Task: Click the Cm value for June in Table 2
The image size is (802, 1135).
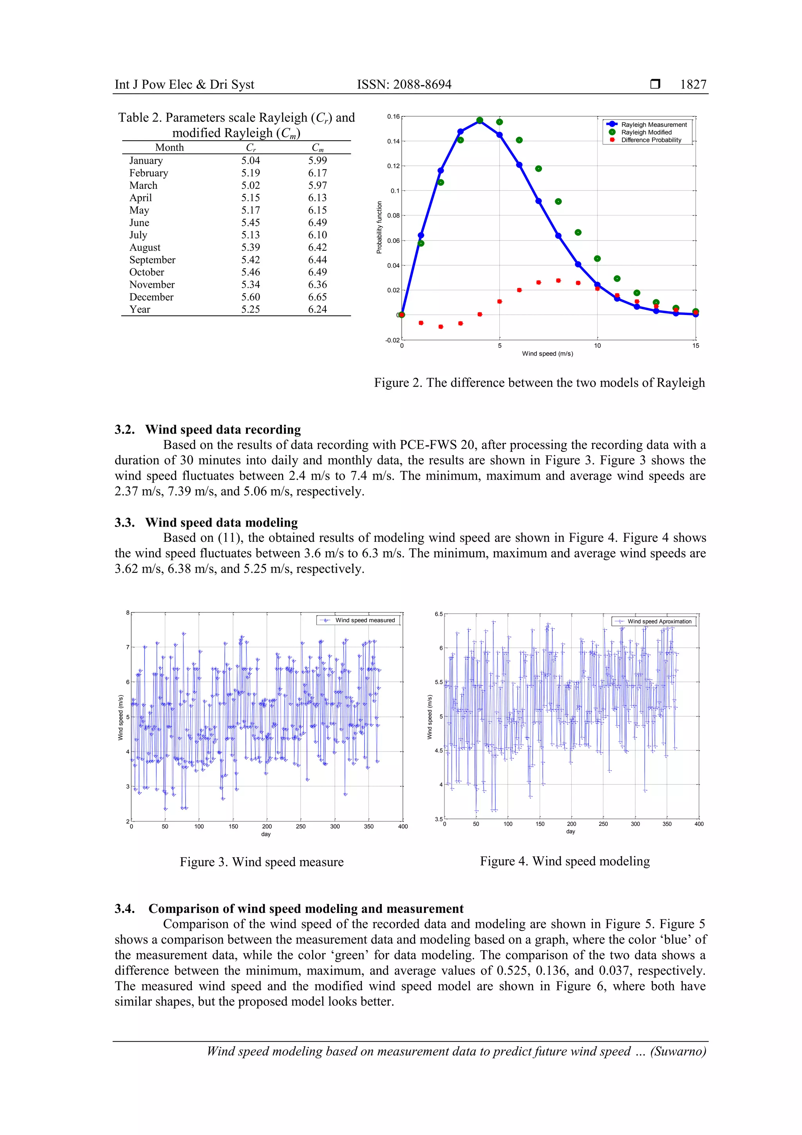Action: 317,223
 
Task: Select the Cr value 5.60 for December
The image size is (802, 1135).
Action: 251,297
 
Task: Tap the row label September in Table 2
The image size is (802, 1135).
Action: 152,260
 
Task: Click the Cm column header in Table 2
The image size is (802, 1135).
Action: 317,148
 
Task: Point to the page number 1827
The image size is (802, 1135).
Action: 693,85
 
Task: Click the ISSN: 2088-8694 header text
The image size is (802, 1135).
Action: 404,85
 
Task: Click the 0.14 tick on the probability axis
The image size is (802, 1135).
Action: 393,141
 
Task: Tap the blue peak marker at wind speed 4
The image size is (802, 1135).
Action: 479,121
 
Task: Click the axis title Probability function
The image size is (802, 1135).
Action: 379,227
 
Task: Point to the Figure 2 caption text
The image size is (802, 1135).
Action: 539,383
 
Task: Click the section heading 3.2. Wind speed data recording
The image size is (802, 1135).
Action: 208,429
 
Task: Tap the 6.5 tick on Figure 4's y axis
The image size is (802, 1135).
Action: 438,614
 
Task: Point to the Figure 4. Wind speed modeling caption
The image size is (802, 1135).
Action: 564,861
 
